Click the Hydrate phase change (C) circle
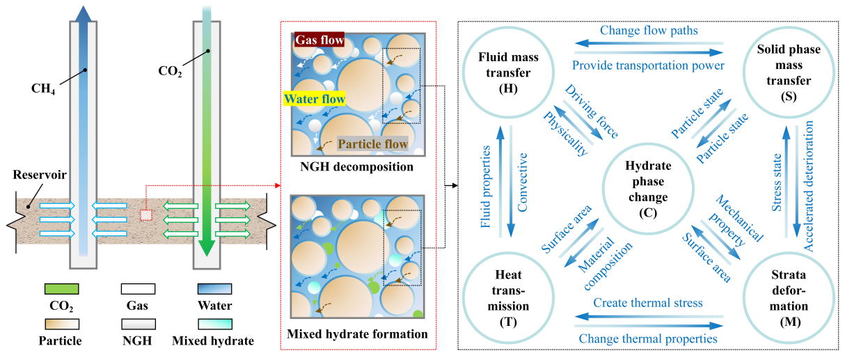[647, 187]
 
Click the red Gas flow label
[319, 41]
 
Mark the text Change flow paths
[649, 31]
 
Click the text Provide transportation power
[649, 65]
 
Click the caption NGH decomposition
[357, 167]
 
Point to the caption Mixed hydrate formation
[357, 334]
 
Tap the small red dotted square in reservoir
[145, 214]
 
